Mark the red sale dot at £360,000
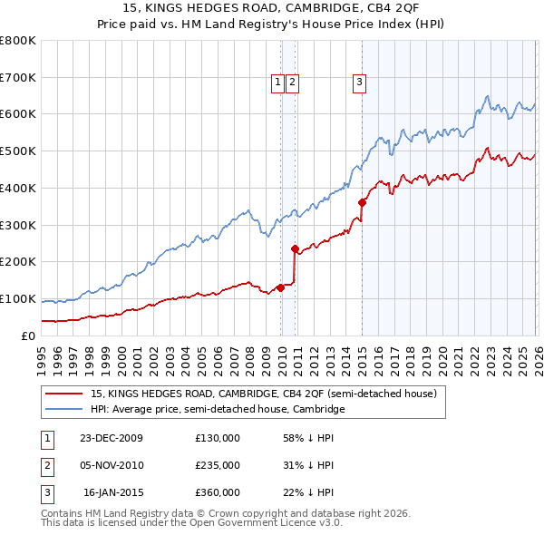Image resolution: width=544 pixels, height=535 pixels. pyautogui.click(x=362, y=202)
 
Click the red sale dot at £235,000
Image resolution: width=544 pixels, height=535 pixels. pyautogui.click(x=295, y=248)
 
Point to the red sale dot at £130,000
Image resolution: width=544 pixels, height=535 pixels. pyautogui.click(x=281, y=287)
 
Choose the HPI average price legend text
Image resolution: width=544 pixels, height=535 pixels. pyautogui.click(x=218, y=410)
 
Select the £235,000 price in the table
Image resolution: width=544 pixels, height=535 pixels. pyautogui.click(x=218, y=465)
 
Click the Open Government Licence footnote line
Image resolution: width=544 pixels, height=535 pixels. pyautogui.click(x=192, y=523)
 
